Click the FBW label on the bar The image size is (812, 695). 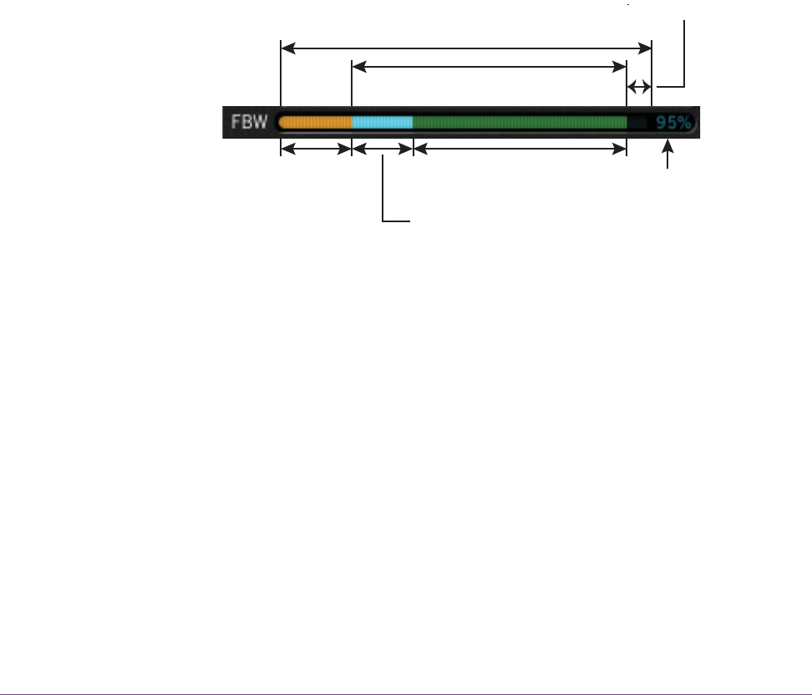pyautogui.click(x=249, y=122)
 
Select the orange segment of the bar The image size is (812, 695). pyautogui.click(x=316, y=122)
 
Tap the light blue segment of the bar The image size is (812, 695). pyautogui.click(x=383, y=122)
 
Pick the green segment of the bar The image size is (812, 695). pyautogui.click(x=520, y=122)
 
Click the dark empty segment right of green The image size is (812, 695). pyautogui.click(x=637, y=122)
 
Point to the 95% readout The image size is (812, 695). pyautogui.click(x=673, y=123)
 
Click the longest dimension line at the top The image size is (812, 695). pyautogui.click(x=466, y=48)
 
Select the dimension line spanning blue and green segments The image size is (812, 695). pyautogui.click(x=490, y=67)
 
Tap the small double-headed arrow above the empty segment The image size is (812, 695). pyautogui.click(x=639, y=87)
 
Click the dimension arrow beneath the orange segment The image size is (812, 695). pyautogui.click(x=316, y=150)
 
